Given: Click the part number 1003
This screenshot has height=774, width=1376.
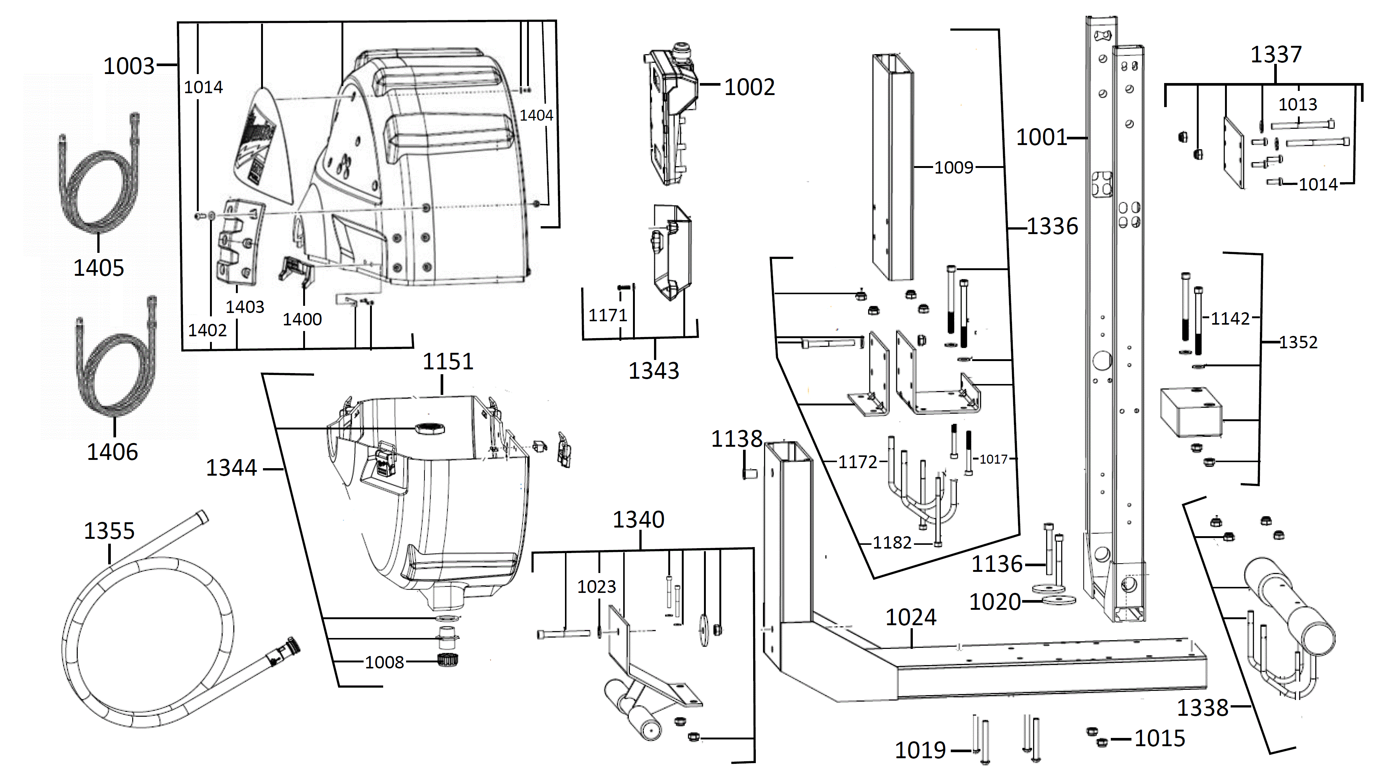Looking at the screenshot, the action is (128, 66).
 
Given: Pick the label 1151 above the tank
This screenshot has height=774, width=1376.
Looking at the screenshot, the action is (448, 361).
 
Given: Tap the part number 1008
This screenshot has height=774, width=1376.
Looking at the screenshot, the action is (384, 662).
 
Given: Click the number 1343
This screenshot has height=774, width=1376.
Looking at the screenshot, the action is (653, 371).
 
